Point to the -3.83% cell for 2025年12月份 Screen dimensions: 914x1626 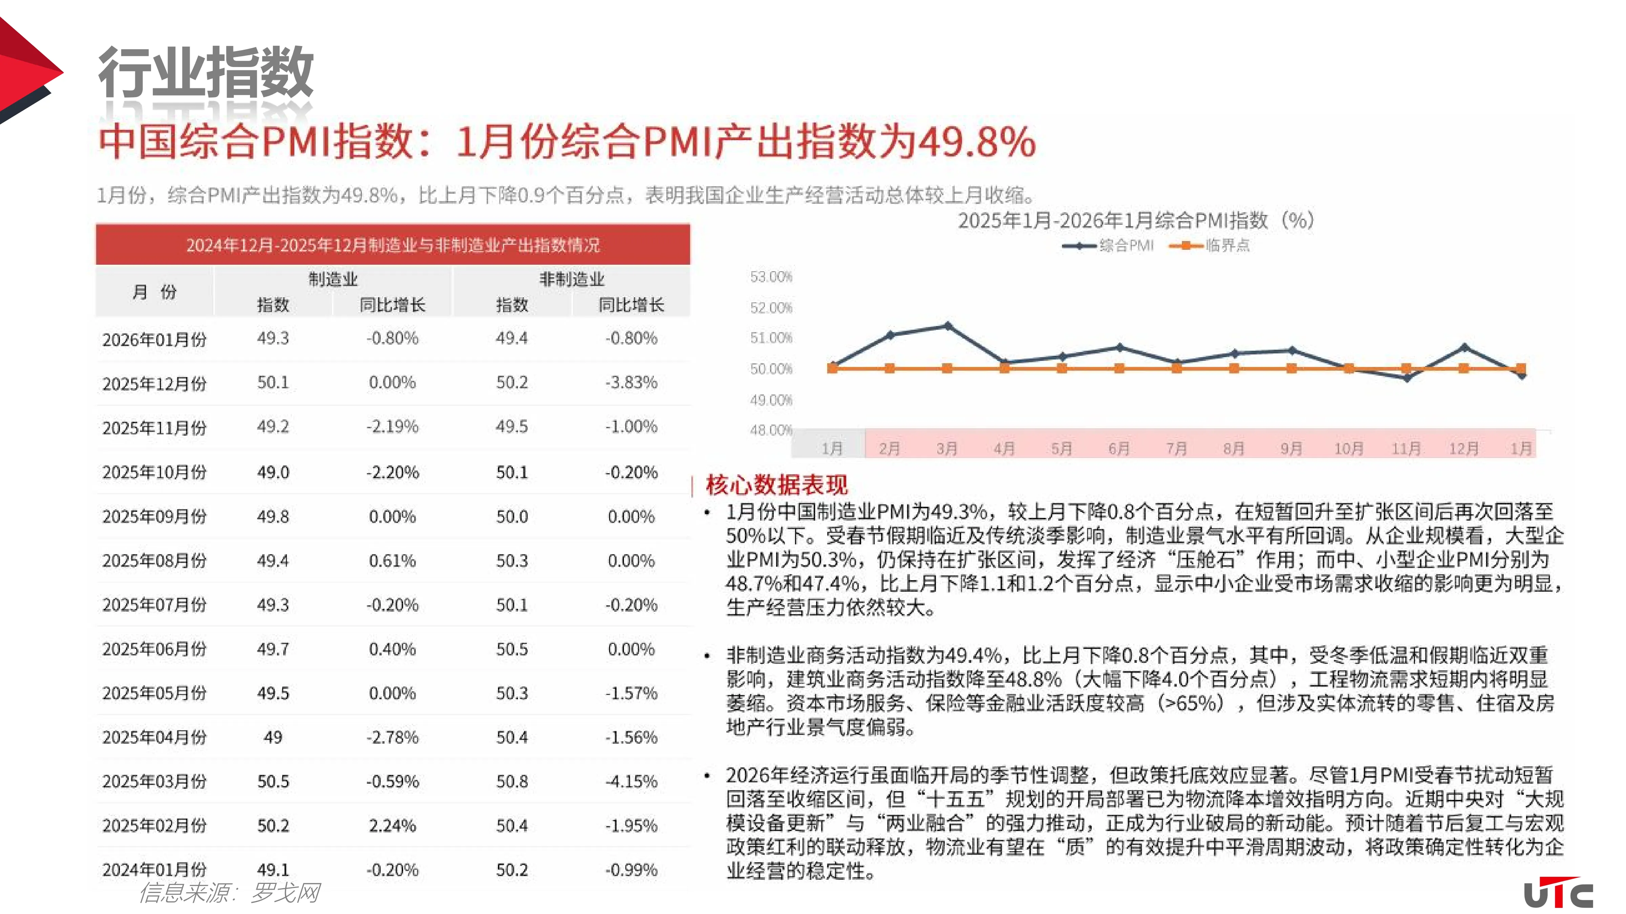pos(631,382)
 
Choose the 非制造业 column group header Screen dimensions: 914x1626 pos(571,279)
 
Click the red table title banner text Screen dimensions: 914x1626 pos(393,245)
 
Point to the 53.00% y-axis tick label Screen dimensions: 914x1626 pos(771,277)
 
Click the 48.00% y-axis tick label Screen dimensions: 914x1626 pos(771,430)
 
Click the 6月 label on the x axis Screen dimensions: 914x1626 pos(1119,449)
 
